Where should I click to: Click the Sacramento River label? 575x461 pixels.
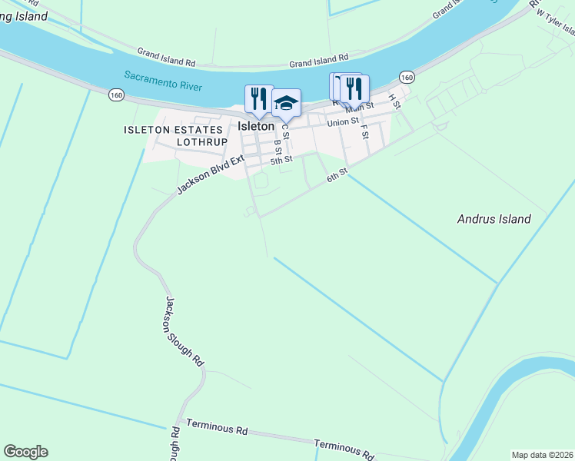(x=163, y=81)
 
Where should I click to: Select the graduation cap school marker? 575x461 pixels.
(x=286, y=102)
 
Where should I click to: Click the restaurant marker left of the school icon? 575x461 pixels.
(x=259, y=98)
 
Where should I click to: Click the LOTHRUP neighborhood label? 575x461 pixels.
(x=202, y=142)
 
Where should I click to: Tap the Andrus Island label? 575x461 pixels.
(x=494, y=219)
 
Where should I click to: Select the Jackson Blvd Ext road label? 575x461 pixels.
(x=209, y=174)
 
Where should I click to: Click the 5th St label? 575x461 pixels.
(x=281, y=160)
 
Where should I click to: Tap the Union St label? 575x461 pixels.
(x=343, y=121)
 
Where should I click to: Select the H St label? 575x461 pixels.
(x=395, y=101)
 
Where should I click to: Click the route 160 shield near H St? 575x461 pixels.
(x=407, y=77)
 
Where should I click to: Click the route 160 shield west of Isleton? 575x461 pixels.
(x=116, y=95)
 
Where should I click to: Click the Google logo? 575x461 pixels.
(x=25, y=452)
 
